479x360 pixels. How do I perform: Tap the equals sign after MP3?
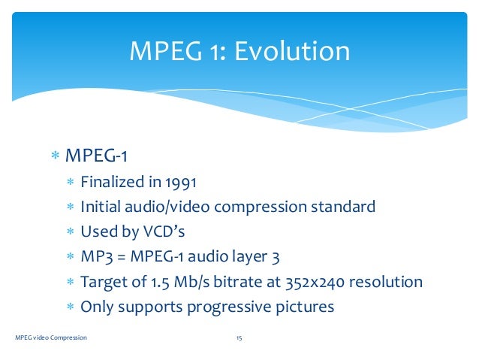pyautogui.click(x=121, y=257)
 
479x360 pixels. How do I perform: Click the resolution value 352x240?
pyautogui.click(x=309, y=283)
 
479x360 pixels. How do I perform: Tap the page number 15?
pyautogui.click(x=239, y=338)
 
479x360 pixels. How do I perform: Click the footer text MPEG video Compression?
pyautogui.click(x=51, y=338)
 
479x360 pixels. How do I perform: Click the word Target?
pyautogui.click(x=104, y=283)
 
